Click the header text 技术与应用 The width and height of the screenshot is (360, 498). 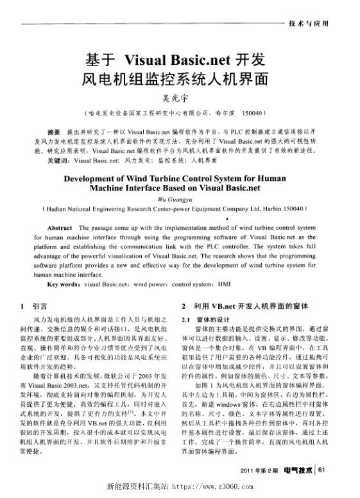point(309,23)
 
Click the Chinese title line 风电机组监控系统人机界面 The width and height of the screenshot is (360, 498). point(180,80)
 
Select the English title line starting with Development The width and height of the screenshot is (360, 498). point(180,178)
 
